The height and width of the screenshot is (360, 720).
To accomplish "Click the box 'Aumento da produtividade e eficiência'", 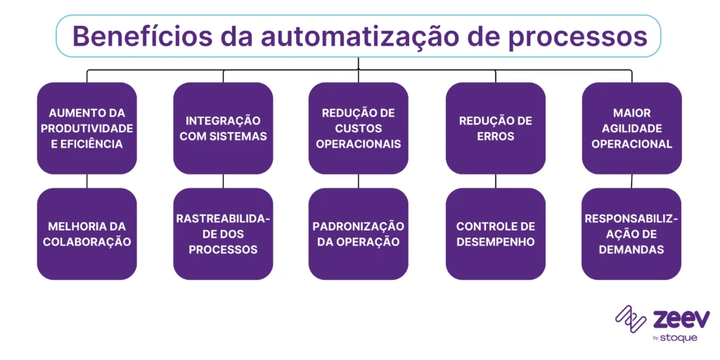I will tap(86, 128).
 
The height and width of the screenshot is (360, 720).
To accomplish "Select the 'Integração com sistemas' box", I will tap(223, 128).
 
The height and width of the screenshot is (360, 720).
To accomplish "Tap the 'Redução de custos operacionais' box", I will tap(359, 128).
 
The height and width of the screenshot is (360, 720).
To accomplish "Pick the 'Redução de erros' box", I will tap(495, 128).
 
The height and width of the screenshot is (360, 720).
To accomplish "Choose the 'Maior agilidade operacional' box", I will tap(631, 128).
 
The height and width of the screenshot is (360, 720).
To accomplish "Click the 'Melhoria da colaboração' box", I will tap(86, 233).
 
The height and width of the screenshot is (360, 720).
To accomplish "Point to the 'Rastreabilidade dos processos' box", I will tap(223, 233).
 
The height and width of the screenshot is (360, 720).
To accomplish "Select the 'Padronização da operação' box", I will tap(359, 233).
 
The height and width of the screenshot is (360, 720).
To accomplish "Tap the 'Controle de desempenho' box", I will tap(495, 233).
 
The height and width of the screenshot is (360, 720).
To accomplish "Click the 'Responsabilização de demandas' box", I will tap(631, 233).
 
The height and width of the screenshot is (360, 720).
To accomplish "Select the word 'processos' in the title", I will tap(586, 36).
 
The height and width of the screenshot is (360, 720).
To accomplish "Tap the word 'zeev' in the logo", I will tap(681, 319).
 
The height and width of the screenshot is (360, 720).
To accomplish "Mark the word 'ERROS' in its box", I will tap(495, 136).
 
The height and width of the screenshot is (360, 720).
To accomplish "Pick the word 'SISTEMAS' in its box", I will tap(243, 136).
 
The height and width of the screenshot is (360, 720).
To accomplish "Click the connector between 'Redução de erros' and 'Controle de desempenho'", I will tap(495, 181).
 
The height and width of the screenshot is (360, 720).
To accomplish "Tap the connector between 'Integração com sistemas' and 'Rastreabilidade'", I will tap(223, 181).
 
